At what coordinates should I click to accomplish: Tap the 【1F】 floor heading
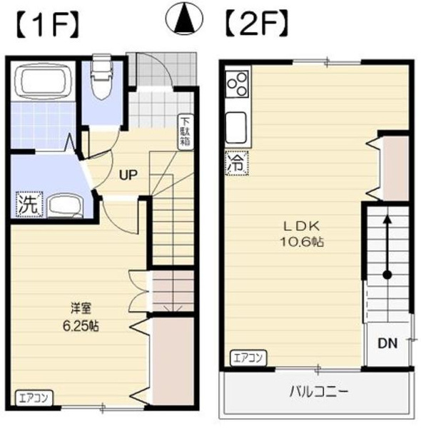49,24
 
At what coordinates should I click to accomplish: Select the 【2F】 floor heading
256,24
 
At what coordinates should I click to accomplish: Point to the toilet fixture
102,77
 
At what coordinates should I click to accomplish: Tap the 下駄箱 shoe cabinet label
185,133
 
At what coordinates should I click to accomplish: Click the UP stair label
128,175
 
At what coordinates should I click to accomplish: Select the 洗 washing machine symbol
29,204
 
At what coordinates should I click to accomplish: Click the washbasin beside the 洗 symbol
66,206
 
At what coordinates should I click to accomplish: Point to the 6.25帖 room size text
81,326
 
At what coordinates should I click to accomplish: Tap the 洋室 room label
81,308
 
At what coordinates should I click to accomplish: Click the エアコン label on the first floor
34,398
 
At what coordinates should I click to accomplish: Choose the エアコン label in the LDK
249,358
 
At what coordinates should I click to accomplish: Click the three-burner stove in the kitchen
238,84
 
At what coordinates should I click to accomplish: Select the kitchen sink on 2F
237,128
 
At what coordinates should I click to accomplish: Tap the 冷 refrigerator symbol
237,163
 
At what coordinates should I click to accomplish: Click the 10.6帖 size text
302,242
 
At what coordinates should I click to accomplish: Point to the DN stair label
387,343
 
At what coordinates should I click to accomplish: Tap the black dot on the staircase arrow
387,275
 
